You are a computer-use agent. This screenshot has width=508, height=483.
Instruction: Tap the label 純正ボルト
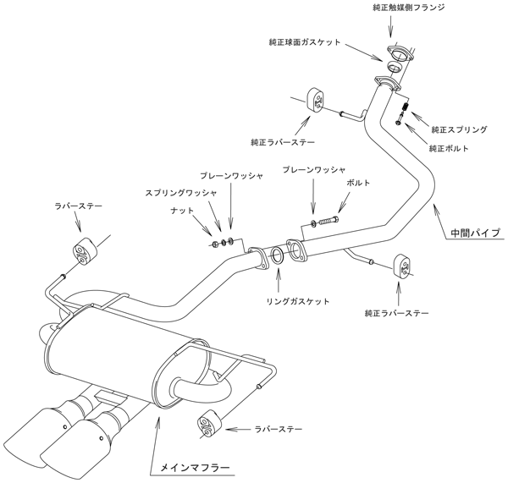[448, 149]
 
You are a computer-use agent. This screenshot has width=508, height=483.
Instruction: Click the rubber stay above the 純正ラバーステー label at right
[402, 266]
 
